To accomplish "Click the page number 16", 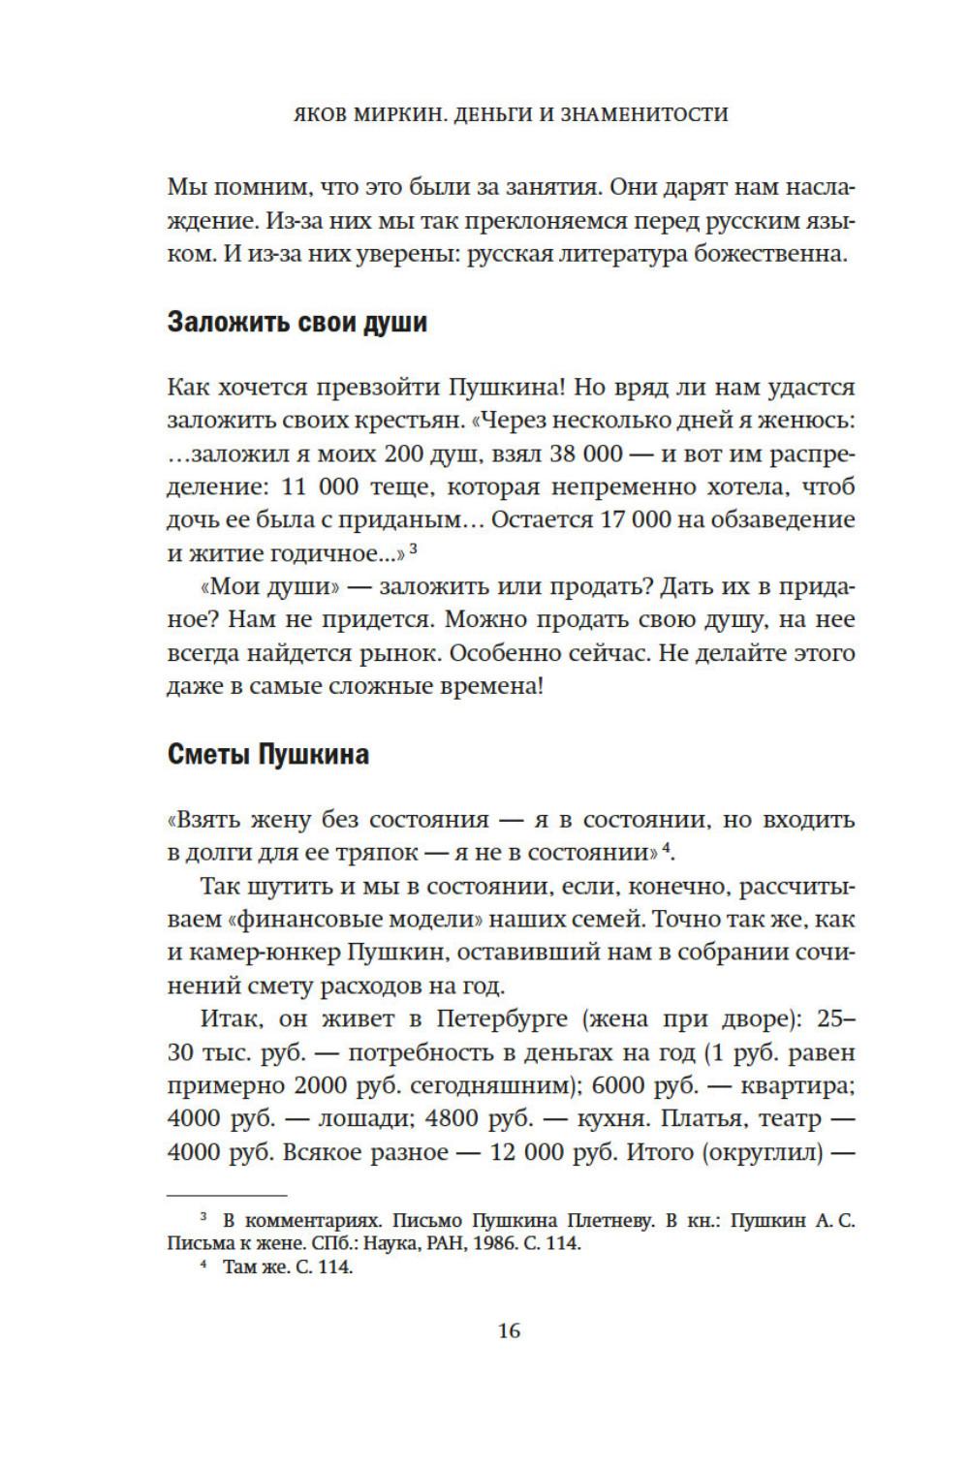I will [x=509, y=1329].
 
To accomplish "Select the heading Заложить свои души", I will [x=297, y=322].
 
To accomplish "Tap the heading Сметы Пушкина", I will [x=268, y=754].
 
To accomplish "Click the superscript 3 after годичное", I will [x=413, y=547].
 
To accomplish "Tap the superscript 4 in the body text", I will [x=666, y=848].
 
